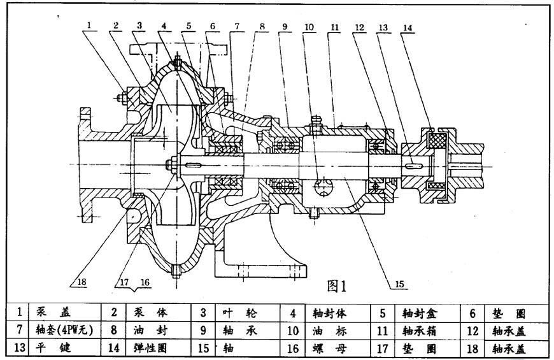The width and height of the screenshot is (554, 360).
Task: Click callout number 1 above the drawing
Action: [x=90, y=25]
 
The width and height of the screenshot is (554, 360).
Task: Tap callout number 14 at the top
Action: [x=408, y=27]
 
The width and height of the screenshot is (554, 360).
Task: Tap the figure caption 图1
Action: [x=336, y=286]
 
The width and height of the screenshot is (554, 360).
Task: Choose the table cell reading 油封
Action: [x=146, y=331]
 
